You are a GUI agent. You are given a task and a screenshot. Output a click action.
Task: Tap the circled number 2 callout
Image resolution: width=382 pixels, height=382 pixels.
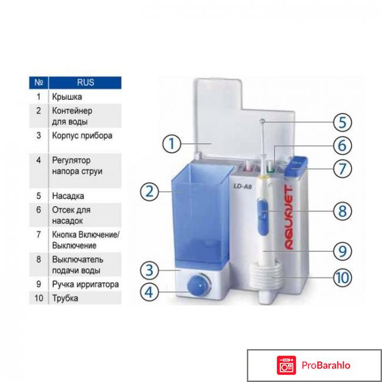(x=150, y=192)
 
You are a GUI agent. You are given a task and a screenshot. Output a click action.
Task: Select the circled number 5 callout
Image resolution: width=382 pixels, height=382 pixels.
(x=342, y=123)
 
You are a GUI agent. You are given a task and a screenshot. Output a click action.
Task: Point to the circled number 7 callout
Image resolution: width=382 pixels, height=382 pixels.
(x=342, y=169)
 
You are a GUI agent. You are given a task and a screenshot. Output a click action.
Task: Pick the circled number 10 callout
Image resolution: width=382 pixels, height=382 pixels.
(x=342, y=276)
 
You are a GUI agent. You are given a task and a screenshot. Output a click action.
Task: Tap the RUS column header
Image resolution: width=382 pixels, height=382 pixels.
(x=85, y=83)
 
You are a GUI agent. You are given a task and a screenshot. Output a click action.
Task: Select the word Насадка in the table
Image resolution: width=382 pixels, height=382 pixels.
(x=68, y=196)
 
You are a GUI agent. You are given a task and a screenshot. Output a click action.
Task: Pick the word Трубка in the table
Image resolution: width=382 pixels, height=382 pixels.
(x=65, y=298)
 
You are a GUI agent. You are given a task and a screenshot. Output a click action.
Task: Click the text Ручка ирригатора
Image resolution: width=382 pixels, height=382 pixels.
(x=85, y=284)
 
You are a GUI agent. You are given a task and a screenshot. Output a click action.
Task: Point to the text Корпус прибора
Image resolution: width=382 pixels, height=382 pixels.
(x=82, y=135)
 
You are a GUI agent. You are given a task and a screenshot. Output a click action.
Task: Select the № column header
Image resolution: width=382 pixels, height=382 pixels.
(x=38, y=83)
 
